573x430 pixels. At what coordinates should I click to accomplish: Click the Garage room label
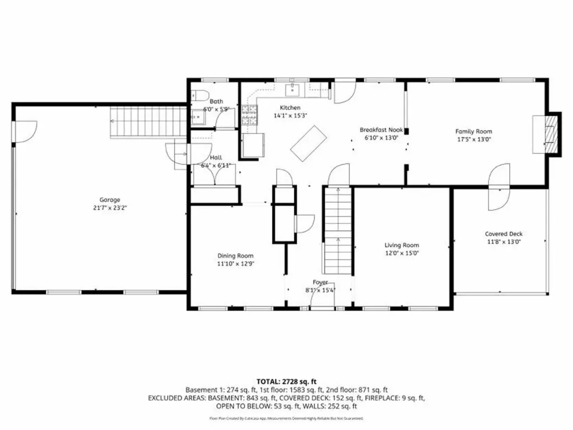[110, 200]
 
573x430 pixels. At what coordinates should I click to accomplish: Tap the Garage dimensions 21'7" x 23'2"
[110, 208]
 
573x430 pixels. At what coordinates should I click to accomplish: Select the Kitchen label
[290, 107]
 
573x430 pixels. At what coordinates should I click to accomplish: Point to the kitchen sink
[293, 88]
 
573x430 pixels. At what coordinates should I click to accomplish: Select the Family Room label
[473, 132]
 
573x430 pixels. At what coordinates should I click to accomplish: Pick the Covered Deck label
[504, 234]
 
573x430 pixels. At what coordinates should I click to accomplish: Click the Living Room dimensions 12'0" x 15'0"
[401, 253]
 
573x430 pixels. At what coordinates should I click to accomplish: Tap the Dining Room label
[236, 255]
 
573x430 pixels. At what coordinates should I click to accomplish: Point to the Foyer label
[321, 283]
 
